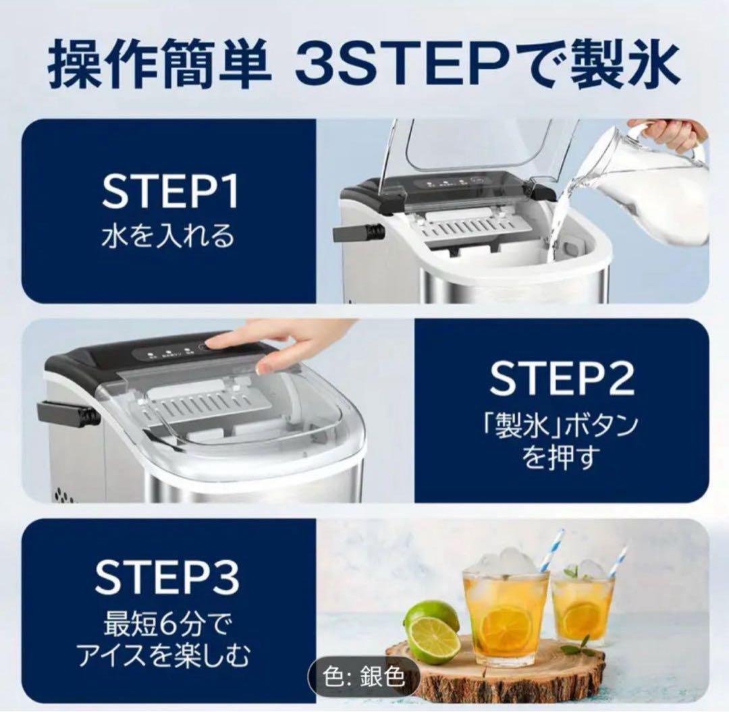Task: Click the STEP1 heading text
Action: pyautogui.click(x=170, y=192)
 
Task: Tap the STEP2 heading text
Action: pyautogui.click(x=562, y=379)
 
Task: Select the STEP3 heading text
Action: pyautogui.click(x=167, y=576)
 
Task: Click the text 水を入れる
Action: pyautogui.click(x=168, y=236)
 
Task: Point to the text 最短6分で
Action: pyautogui.click(x=167, y=625)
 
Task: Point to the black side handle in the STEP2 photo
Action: pyautogui.click(x=68, y=414)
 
